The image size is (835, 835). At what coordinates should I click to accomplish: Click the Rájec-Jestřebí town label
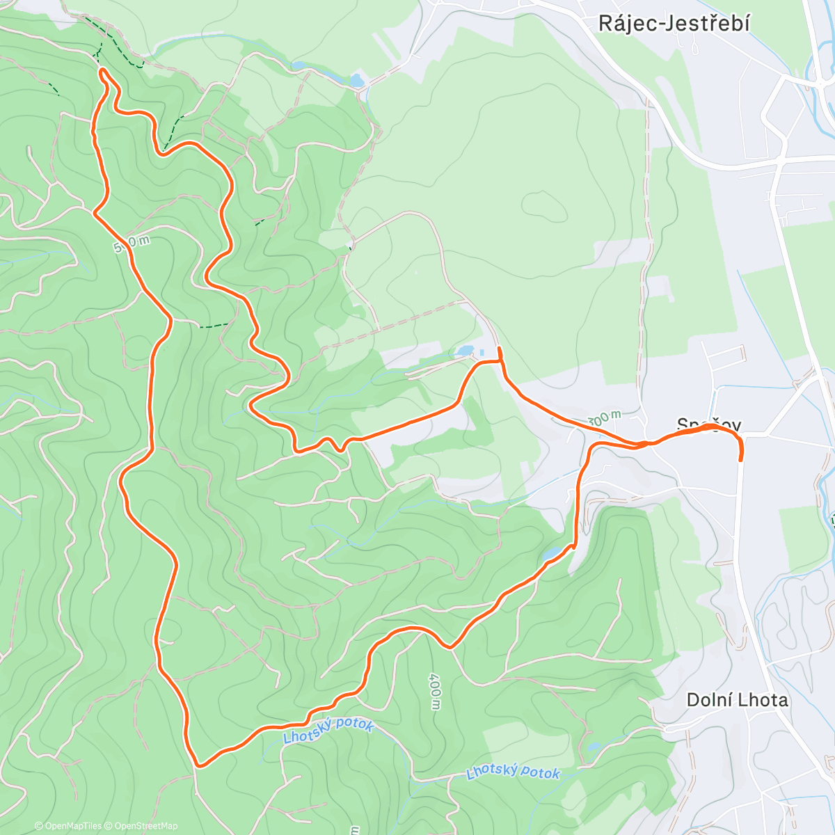[674, 24]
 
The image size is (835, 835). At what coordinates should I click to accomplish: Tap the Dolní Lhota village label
[737, 699]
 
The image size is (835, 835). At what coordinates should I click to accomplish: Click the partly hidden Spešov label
[709, 424]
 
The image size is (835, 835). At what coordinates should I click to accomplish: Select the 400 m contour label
[435, 692]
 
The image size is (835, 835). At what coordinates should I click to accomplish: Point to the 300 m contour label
[605, 418]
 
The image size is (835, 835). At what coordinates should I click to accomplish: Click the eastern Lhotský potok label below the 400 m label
[513, 772]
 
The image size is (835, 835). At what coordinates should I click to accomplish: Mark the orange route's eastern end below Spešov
[740, 459]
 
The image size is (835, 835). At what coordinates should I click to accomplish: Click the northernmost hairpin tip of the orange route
[102, 71]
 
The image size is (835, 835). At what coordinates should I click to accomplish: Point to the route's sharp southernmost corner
[198, 765]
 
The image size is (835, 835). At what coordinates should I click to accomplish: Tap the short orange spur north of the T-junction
[500, 352]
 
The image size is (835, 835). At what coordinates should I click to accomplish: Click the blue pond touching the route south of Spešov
[552, 554]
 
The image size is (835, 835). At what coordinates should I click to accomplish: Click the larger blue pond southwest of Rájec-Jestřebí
[356, 80]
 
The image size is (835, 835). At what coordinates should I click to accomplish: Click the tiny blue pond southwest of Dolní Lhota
[592, 747]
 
